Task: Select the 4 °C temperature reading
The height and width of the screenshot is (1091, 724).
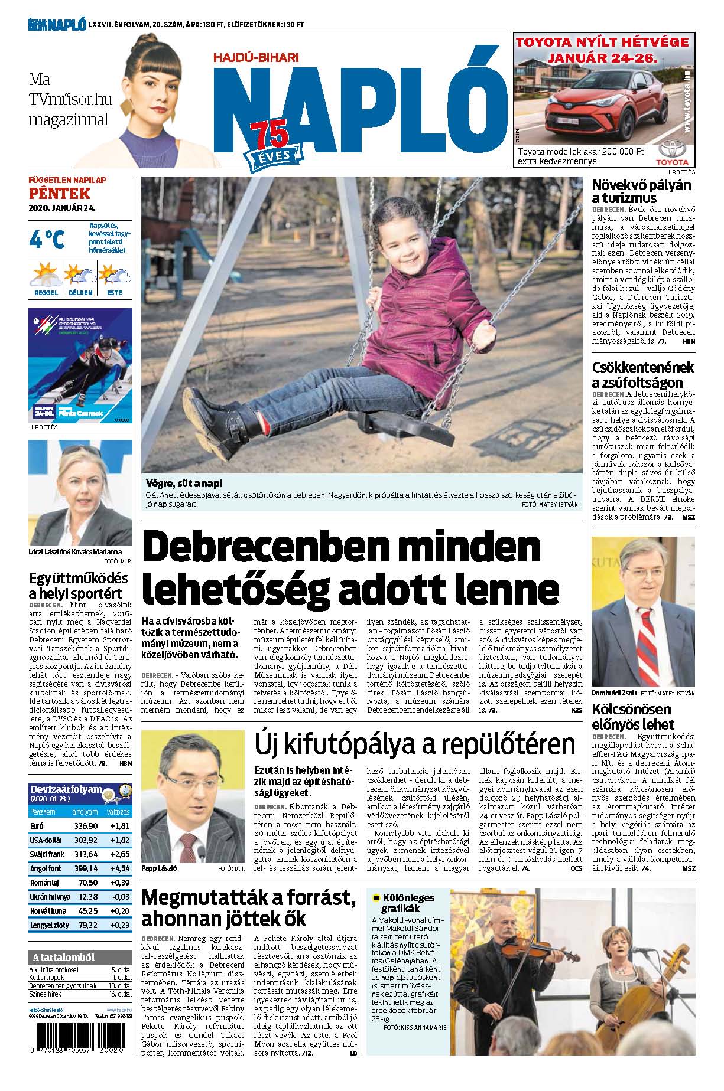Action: [47, 239]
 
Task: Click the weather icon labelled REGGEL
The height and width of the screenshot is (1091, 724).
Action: [46, 275]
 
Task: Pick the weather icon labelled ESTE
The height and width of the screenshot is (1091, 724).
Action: [114, 275]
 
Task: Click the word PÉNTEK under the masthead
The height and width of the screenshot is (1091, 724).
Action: [59, 193]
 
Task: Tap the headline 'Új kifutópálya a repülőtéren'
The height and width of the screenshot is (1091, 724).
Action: [414, 745]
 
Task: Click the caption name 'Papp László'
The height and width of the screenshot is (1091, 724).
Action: [160, 869]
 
